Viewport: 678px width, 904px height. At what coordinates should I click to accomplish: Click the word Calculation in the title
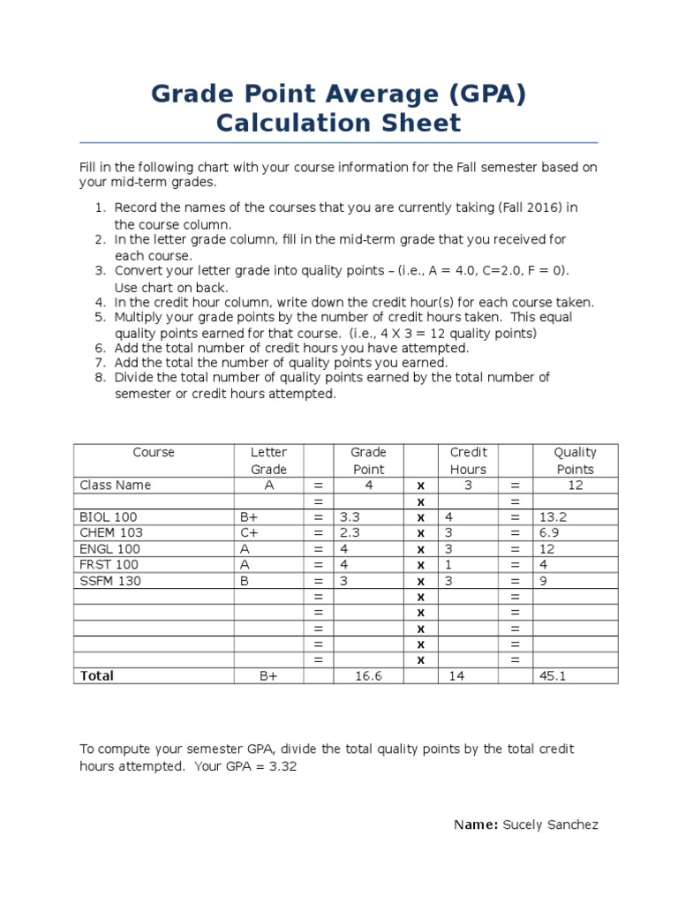276,123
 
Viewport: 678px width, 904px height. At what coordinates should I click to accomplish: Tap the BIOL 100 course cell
109,516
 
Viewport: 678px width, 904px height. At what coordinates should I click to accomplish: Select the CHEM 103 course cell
111,532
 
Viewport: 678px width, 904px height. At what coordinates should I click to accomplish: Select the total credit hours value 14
456,675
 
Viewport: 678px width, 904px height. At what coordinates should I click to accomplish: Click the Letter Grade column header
268,461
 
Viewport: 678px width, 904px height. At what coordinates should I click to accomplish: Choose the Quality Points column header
575,461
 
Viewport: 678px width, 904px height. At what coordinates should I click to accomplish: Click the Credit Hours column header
469,461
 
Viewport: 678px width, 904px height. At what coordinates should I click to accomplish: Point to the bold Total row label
97,675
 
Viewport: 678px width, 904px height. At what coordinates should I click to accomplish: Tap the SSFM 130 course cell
110,581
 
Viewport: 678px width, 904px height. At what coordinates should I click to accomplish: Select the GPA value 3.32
284,766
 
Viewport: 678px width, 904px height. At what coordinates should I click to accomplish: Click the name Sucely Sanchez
550,825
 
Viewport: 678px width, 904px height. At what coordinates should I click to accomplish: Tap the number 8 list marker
99,378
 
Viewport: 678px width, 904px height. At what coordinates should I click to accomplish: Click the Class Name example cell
116,485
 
